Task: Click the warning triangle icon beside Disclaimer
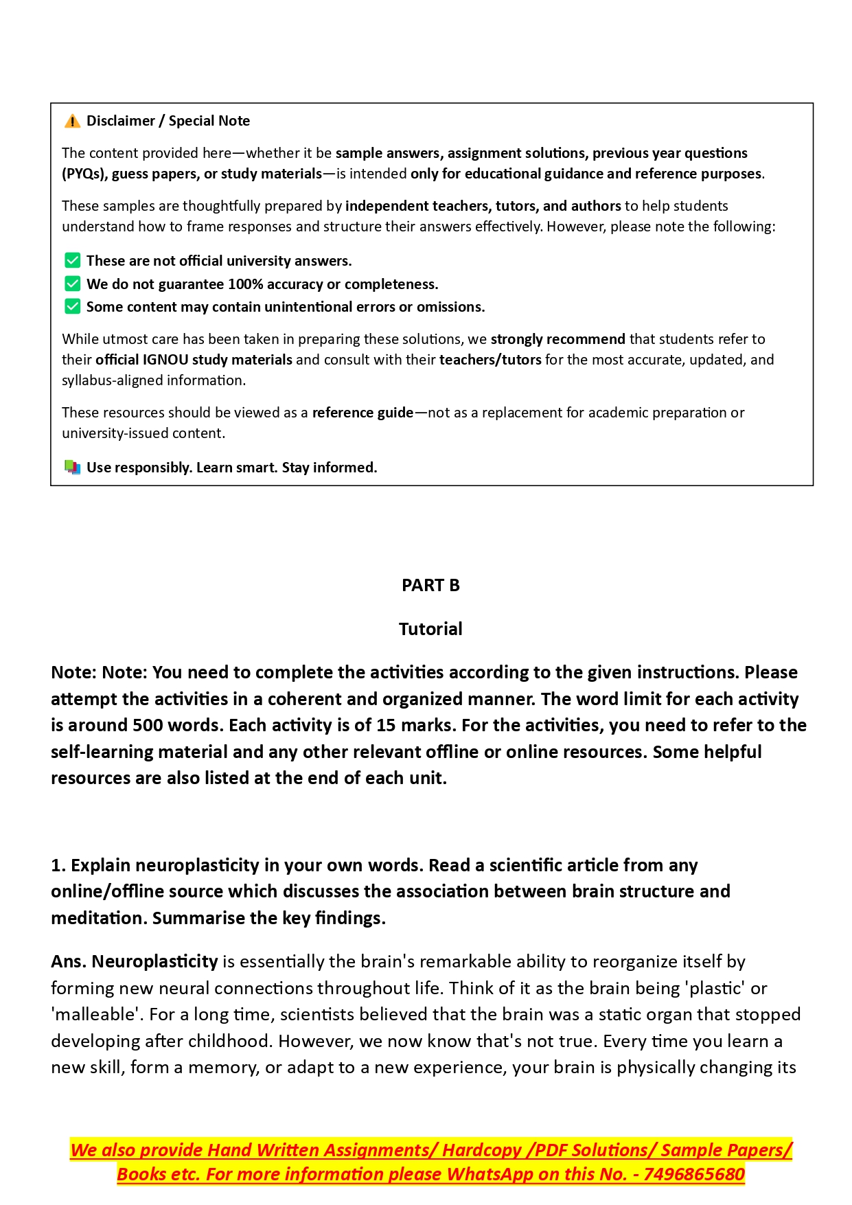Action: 72,122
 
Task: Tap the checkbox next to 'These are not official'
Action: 72,261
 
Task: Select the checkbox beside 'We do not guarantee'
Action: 72,284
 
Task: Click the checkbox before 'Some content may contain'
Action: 72,307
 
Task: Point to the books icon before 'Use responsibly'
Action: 72,468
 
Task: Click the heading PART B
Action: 430,586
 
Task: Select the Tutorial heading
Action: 430,629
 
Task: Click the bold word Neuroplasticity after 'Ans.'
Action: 154,962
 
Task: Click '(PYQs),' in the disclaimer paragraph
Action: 84,174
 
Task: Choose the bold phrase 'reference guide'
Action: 362,413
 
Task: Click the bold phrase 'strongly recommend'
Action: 557,339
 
